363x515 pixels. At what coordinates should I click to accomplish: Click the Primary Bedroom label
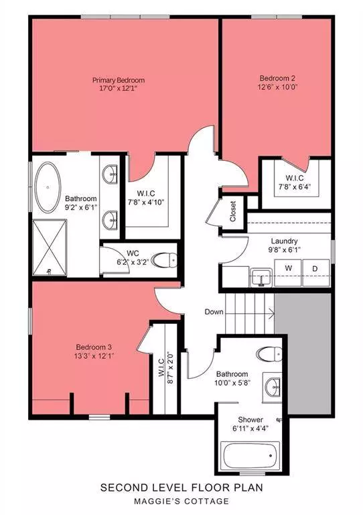tap(119, 80)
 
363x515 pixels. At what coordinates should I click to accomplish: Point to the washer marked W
tap(289, 268)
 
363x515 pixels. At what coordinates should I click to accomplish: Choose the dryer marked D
tap(315, 268)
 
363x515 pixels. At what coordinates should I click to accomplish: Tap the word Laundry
tap(284, 241)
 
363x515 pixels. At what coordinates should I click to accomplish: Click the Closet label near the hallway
tap(232, 211)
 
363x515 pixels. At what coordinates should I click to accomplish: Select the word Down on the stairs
tap(214, 312)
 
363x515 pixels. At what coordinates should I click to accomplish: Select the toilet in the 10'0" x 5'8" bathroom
tap(269, 354)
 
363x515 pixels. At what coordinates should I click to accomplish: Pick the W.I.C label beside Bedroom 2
tap(294, 178)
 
